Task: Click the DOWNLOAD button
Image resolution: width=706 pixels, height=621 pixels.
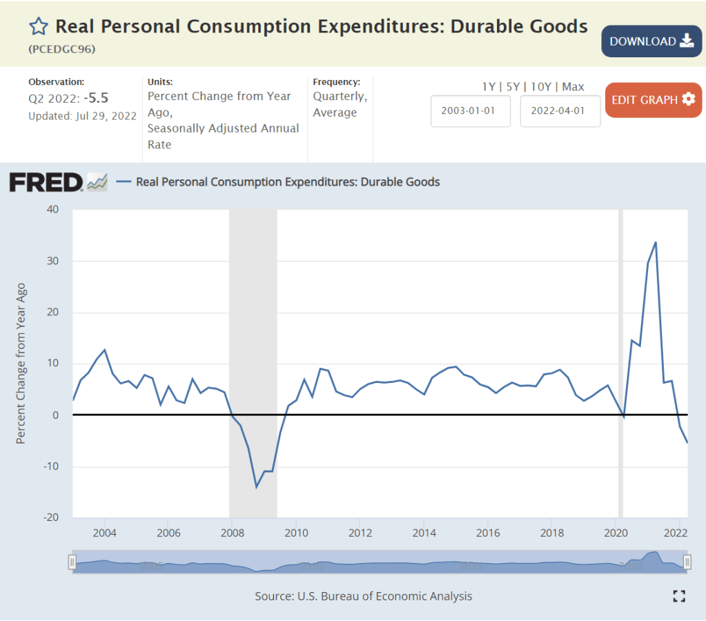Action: [x=651, y=41]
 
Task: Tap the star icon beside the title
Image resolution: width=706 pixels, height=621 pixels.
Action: [x=39, y=27]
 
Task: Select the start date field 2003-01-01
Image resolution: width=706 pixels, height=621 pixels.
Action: [x=471, y=111]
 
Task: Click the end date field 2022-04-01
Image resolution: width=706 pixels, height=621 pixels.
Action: [x=560, y=111]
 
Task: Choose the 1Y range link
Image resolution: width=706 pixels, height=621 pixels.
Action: [x=489, y=87]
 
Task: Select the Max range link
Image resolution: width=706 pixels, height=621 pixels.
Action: [x=573, y=87]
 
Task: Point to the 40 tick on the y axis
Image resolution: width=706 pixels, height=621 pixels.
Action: [x=52, y=209]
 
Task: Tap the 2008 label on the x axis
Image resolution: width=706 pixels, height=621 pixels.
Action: [x=232, y=533]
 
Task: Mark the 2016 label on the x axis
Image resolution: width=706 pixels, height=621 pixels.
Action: [x=487, y=533]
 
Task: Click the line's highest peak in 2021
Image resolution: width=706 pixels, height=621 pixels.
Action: [x=656, y=242]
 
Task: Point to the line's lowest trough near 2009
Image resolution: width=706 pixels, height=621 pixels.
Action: [x=256, y=487]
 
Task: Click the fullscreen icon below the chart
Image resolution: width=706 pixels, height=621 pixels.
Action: [x=678, y=596]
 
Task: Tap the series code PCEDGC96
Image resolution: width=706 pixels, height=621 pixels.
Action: [x=62, y=50]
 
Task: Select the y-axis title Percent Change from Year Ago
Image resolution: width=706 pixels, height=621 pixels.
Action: [x=21, y=363]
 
